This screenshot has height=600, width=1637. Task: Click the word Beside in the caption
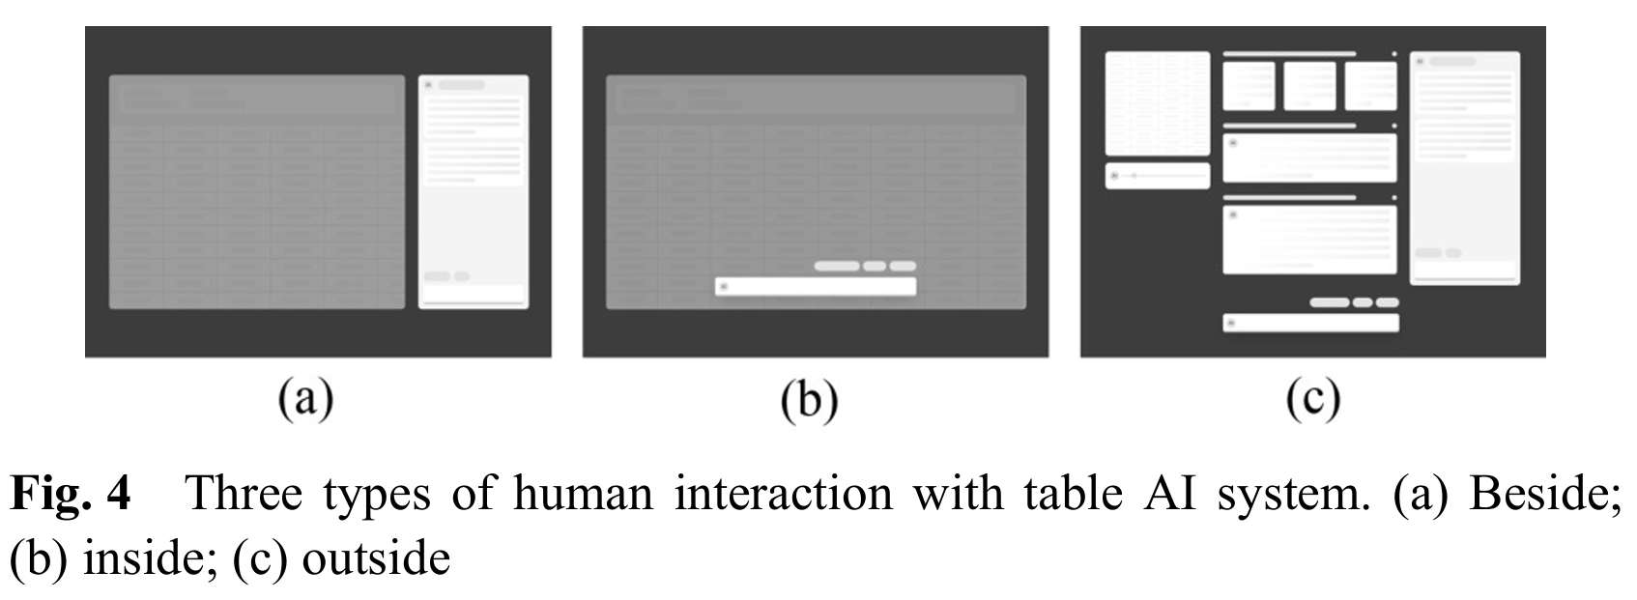pos(1543,493)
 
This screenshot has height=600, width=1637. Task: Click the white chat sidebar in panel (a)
pos(474,191)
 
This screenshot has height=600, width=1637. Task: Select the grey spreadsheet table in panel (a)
pos(256,191)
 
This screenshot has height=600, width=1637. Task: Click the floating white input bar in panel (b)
pos(815,286)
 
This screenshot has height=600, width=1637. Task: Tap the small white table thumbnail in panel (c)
pos(1157,102)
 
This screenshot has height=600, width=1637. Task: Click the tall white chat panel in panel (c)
pos(1464,167)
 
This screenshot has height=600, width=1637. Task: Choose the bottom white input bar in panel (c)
pos(1309,323)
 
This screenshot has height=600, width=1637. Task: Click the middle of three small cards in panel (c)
pos(1309,86)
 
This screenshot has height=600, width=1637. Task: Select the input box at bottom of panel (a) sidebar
pos(474,294)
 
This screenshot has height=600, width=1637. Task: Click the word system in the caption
pos(1287,493)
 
